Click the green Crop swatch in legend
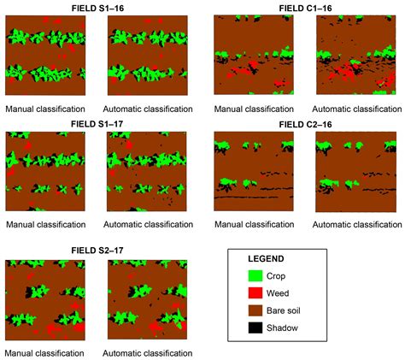tap(255, 275)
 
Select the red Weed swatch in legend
tap(255, 292)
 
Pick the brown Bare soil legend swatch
tap(255, 310)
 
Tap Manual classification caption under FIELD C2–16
tap(253, 225)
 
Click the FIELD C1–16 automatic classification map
tap(353, 55)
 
